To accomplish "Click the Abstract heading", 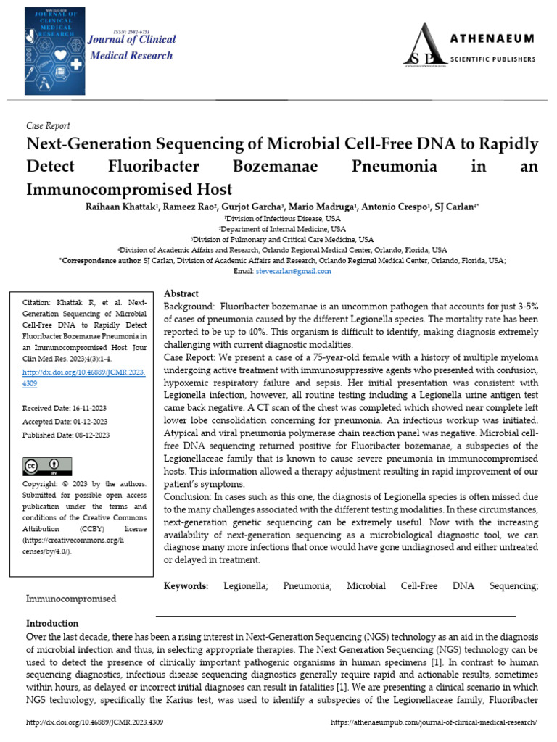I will click(181, 293).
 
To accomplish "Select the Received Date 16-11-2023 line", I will click(65, 408).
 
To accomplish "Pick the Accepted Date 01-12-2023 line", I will click(65, 422).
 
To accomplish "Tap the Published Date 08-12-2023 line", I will click(66, 435).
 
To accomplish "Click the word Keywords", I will click(186, 585).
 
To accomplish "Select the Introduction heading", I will click(52, 623).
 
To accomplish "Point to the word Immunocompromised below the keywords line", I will click(71, 599).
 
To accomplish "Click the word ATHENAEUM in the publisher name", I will click(495, 38).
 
